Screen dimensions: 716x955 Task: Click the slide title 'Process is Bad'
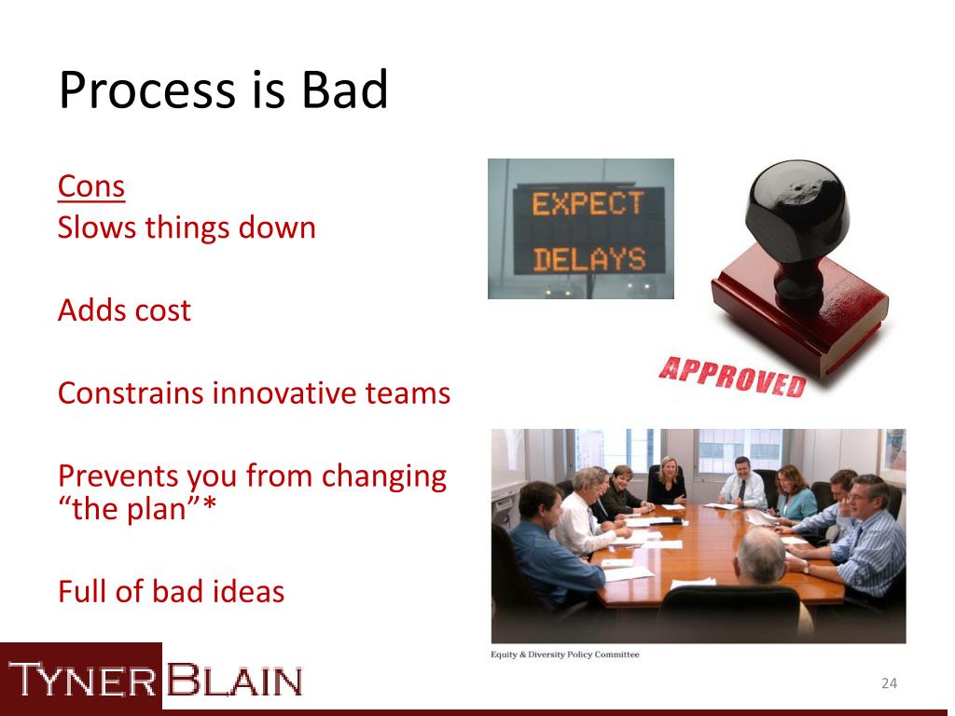pyautogui.click(x=223, y=91)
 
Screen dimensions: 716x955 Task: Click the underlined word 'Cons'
pyautogui.click(x=91, y=186)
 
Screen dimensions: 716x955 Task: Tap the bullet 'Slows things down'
pyautogui.click(x=187, y=227)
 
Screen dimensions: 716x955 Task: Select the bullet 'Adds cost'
pyautogui.click(x=124, y=310)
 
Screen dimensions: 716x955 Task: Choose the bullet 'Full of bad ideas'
pyautogui.click(x=171, y=591)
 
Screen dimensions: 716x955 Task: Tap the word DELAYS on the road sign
pyautogui.click(x=588, y=259)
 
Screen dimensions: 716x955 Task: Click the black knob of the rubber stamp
pyautogui.click(x=797, y=210)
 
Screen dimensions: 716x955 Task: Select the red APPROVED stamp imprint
pyautogui.click(x=733, y=376)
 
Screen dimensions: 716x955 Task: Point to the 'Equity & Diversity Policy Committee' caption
pyautogui.click(x=565, y=654)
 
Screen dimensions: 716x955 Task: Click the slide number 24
pyautogui.click(x=889, y=684)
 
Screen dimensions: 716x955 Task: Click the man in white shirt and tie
pyautogui.click(x=742, y=482)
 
